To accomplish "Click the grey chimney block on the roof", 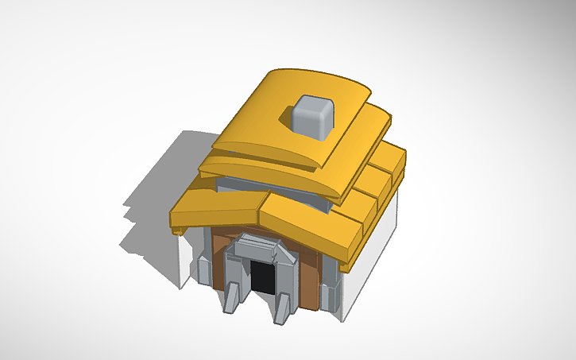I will pos(311,116).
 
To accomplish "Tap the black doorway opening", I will pos(263,277).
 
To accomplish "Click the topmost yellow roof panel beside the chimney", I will pos(262,111).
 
